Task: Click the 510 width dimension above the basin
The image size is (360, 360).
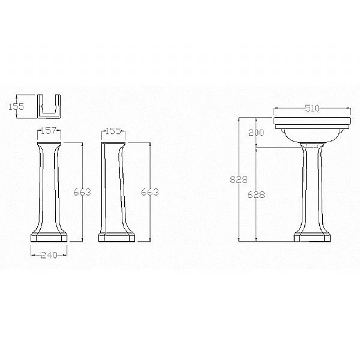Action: pos(311,109)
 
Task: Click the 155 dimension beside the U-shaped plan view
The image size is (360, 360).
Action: pos(16,107)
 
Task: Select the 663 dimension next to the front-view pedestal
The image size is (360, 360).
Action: pos(82,192)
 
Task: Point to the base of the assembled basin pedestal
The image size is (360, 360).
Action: pos(311,235)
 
